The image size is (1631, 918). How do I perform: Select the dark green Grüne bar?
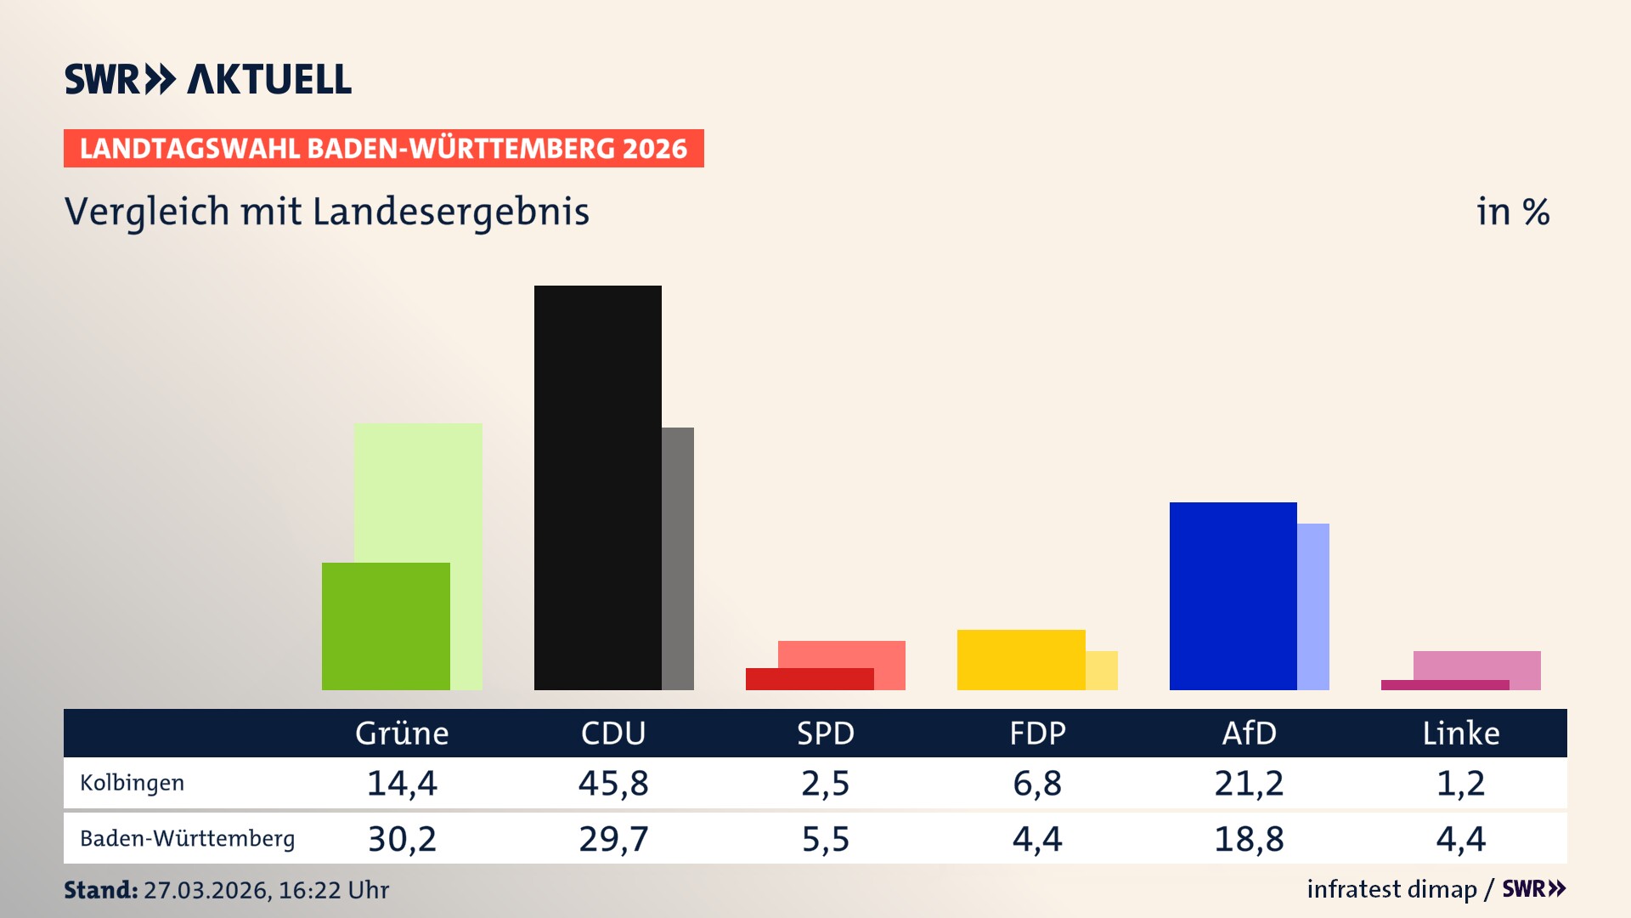click(x=386, y=626)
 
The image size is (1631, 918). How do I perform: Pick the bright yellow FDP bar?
click(x=1020, y=659)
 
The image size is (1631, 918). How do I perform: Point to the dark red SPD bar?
click(x=809, y=679)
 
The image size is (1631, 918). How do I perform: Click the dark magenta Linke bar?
click(x=1444, y=685)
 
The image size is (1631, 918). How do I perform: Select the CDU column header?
click(x=613, y=733)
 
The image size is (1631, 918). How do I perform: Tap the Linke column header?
click(x=1461, y=733)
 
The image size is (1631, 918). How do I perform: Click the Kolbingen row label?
click(x=132, y=783)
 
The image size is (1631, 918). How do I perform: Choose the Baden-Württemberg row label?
click(x=187, y=839)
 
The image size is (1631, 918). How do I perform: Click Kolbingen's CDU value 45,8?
click(x=613, y=783)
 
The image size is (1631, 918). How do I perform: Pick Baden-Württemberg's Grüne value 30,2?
click(x=402, y=839)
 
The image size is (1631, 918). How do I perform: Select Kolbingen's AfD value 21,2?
click(x=1249, y=783)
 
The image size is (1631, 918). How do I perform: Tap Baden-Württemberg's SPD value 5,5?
click(x=826, y=839)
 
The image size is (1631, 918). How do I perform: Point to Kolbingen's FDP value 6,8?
click(x=1037, y=783)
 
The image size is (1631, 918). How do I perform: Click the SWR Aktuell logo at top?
click(x=208, y=79)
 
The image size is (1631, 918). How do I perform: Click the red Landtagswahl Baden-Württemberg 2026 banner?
click(x=383, y=149)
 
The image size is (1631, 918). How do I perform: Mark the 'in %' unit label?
click(x=1513, y=212)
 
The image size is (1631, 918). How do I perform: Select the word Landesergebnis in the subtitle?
click(x=450, y=212)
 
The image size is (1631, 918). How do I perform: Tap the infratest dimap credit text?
click(x=1391, y=889)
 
